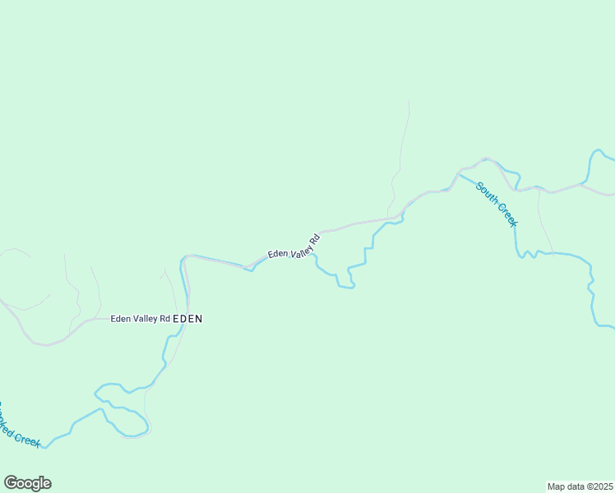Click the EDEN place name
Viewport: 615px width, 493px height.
[187, 319]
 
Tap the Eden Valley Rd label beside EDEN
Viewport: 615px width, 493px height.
[140, 319]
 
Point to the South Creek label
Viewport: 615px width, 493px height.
[497, 204]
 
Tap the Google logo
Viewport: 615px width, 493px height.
[27, 483]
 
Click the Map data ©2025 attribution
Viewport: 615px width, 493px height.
[580, 486]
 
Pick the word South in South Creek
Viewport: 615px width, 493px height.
[488, 193]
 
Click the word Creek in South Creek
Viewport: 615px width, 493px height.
[506, 214]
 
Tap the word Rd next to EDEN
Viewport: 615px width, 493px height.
[164, 319]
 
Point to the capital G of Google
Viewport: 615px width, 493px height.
[11, 482]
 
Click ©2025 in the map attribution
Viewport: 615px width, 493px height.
[599, 486]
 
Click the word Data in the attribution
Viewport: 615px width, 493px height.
[574, 486]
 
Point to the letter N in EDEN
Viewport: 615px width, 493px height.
[198, 319]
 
